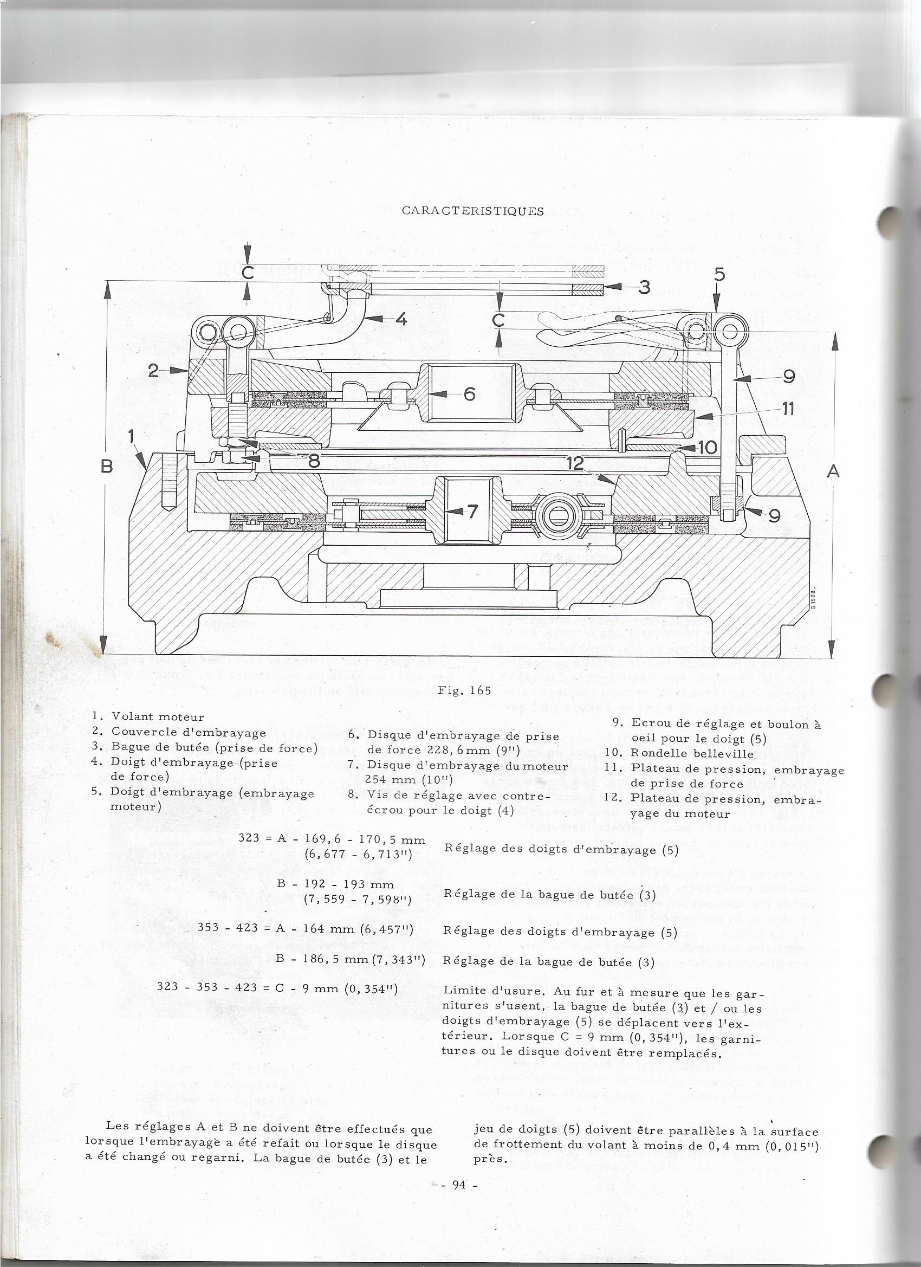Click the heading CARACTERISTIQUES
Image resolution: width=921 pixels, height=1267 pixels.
(472, 211)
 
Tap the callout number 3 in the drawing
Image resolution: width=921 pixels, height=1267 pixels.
(645, 287)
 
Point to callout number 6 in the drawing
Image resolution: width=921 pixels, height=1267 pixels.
(470, 394)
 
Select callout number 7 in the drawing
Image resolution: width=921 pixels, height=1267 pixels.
(472, 510)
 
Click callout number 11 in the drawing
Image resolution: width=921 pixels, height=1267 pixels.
(788, 409)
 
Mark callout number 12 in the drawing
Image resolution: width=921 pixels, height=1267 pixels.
(574, 463)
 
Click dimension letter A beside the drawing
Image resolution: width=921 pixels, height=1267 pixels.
(833, 471)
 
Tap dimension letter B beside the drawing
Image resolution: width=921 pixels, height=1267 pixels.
(107, 466)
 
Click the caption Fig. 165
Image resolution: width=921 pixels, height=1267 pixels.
(464, 690)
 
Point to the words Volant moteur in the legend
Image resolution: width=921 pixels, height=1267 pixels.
(158, 717)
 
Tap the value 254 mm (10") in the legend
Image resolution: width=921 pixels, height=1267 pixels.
(409, 779)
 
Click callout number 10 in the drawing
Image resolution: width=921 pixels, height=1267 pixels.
(707, 447)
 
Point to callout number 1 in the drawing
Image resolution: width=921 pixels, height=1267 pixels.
(132, 436)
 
